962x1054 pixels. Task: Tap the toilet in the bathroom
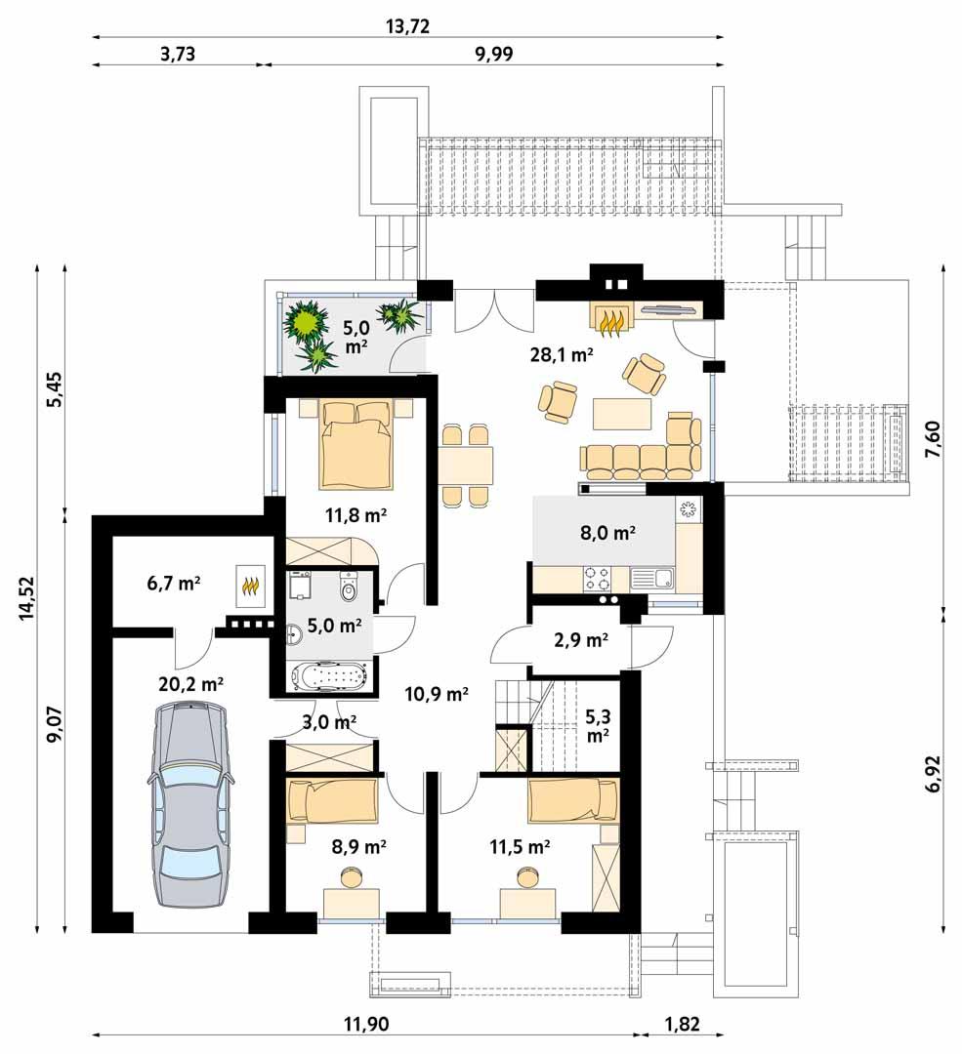pyautogui.click(x=350, y=588)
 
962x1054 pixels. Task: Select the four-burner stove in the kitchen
pyautogui.click(x=598, y=580)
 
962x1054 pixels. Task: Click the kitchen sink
pyautogui.click(x=652, y=579)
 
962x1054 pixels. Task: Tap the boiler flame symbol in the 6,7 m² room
pyautogui.click(x=250, y=586)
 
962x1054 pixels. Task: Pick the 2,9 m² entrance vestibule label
pyautogui.click(x=582, y=641)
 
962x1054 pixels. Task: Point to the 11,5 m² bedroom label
pyautogui.click(x=519, y=847)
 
